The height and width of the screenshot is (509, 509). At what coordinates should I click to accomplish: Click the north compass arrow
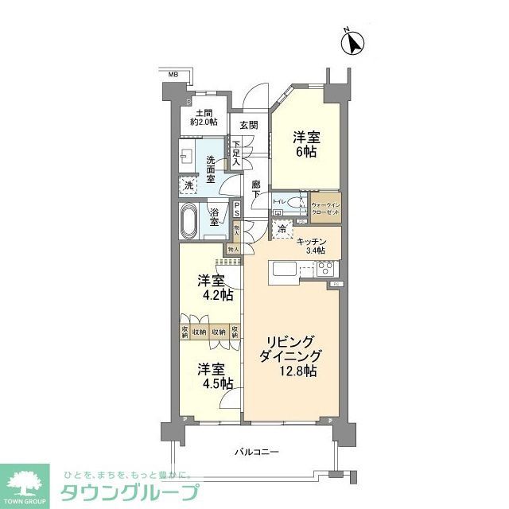353,43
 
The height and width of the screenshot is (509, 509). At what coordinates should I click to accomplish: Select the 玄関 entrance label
248,125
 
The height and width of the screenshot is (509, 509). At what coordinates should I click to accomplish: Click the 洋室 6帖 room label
305,143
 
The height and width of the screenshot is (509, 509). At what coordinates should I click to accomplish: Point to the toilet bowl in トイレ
295,203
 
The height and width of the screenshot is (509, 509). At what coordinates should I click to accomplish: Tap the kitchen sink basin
285,270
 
